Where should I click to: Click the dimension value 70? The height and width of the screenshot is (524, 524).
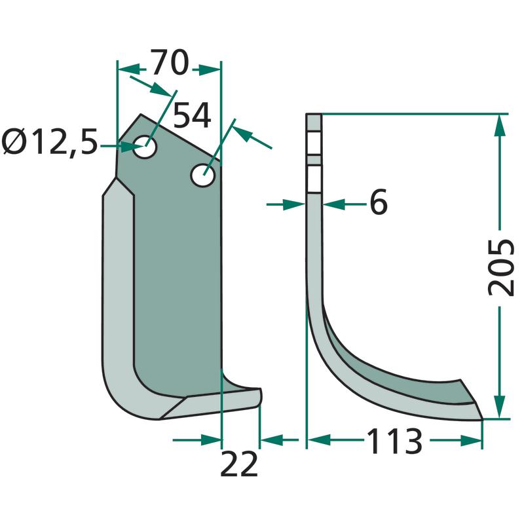[x=170, y=62]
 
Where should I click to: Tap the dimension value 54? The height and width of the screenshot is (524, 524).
[x=192, y=115]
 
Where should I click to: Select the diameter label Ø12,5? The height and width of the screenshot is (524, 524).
[x=50, y=143]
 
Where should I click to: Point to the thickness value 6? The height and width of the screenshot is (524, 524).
[x=379, y=202]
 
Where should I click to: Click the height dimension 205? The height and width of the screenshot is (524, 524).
[x=500, y=268]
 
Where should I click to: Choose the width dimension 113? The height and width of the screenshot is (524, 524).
[x=395, y=441]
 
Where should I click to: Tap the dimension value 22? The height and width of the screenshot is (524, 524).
[x=239, y=464]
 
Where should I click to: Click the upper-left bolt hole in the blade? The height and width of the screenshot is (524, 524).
[x=145, y=147]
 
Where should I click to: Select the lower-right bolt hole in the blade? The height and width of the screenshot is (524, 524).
[x=202, y=175]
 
